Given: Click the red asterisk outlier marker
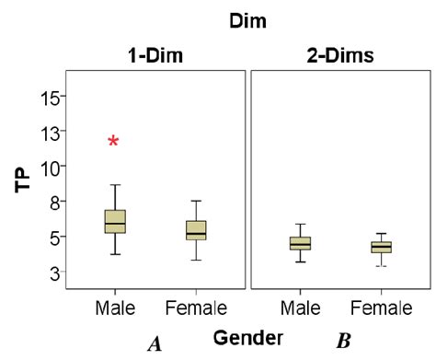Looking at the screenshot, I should (113, 141).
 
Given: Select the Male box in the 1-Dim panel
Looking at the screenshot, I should (115, 221).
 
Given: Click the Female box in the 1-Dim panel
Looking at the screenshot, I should (196, 229).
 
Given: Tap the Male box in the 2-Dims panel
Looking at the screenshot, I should (300, 243).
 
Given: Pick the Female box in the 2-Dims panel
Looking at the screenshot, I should (381, 246).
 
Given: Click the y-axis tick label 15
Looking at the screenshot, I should (51, 97).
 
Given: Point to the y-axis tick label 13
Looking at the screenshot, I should (51, 132).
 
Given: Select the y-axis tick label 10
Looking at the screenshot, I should (51, 167).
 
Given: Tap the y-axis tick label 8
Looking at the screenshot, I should (55, 202).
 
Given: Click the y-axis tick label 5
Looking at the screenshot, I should (55, 237).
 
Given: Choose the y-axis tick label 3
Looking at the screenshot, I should (55, 273).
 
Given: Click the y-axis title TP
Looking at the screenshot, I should (24, 179).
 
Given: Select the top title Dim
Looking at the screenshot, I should (247, 17).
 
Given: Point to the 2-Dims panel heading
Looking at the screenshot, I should (340, 54).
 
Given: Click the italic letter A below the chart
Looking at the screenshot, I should (155, 343).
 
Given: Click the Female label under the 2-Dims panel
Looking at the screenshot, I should (381, 307).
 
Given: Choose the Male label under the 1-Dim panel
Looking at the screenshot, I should (115, 307).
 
